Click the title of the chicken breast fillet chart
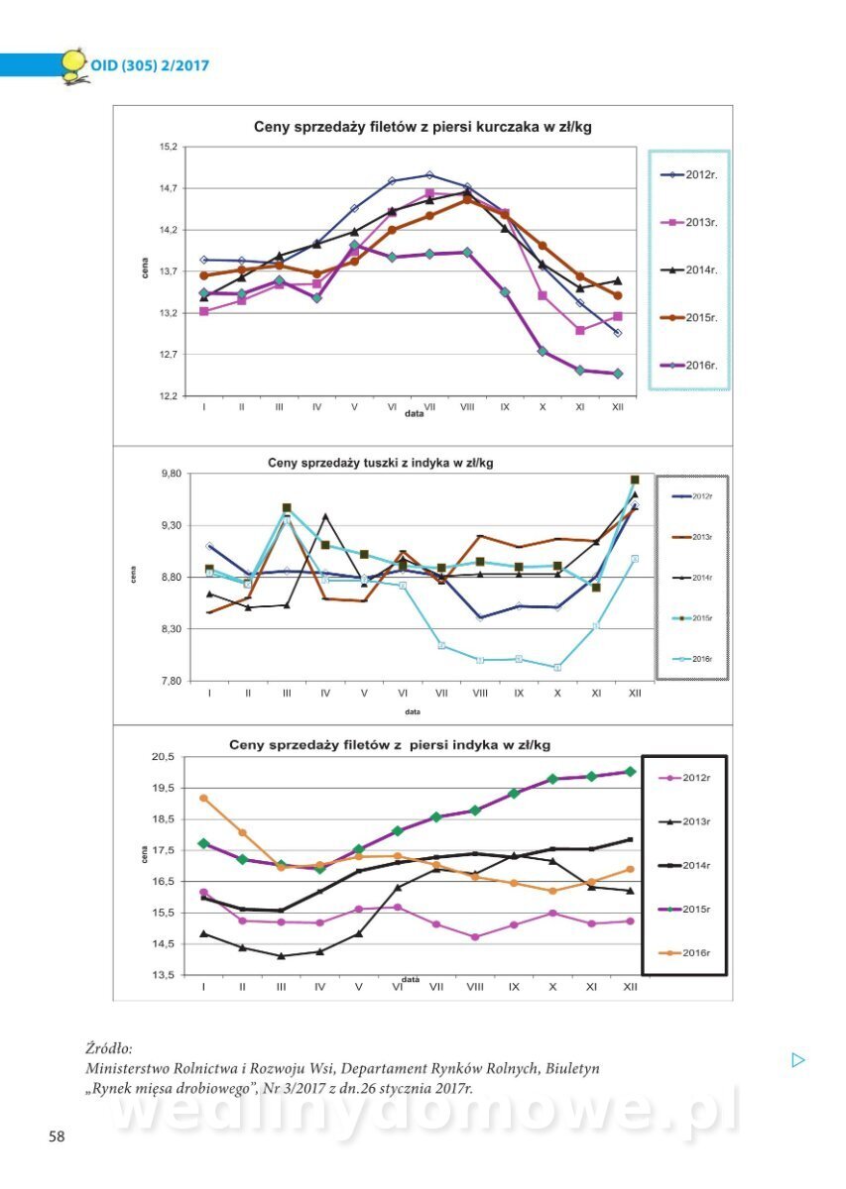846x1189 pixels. tap(423, 127)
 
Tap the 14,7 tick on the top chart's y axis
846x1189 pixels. tap(168, 188)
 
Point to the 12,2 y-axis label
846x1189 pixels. tap(168, 396)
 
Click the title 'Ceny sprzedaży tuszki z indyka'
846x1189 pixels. tap(380, 463)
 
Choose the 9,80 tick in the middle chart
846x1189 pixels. tap(170, 474)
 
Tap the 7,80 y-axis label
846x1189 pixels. tap(170, 681)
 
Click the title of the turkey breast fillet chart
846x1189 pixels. tap(390, 745)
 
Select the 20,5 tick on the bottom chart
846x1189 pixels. tap(163, 757)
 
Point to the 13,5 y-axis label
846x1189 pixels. tap(163, 975)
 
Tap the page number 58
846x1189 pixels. tap(57, 1136)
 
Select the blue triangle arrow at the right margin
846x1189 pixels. tap(798, 1060)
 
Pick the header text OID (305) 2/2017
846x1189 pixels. tap(150, 66)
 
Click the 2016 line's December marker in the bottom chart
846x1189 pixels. tap(629, 870)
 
